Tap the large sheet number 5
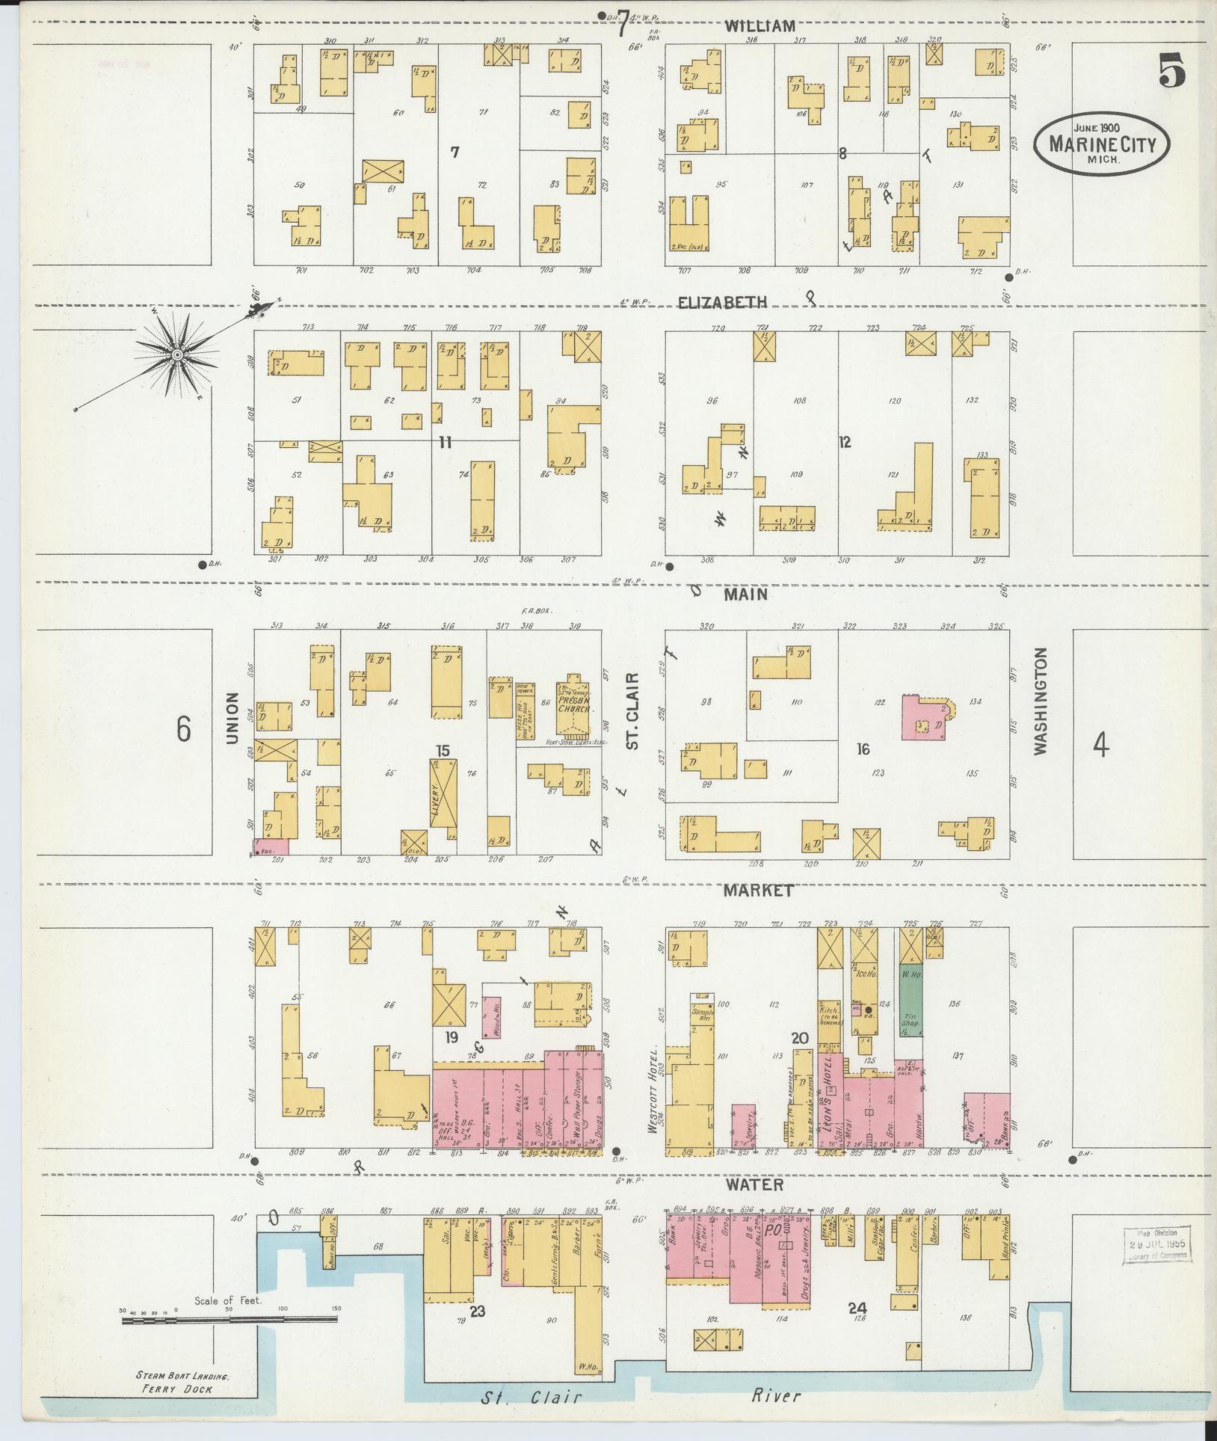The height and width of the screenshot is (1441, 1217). pos(1172,73)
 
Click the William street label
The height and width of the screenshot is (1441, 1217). pos(760,26)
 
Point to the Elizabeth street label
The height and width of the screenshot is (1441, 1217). pos(722,303)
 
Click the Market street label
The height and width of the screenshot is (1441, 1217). pos(757,891)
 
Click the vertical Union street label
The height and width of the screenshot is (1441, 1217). pos(232,718)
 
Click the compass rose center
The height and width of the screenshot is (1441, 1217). pos(178,354)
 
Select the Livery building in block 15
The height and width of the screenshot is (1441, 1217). pos(443,793)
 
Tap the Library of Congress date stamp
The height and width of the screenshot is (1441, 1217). pos(1156,1245)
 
